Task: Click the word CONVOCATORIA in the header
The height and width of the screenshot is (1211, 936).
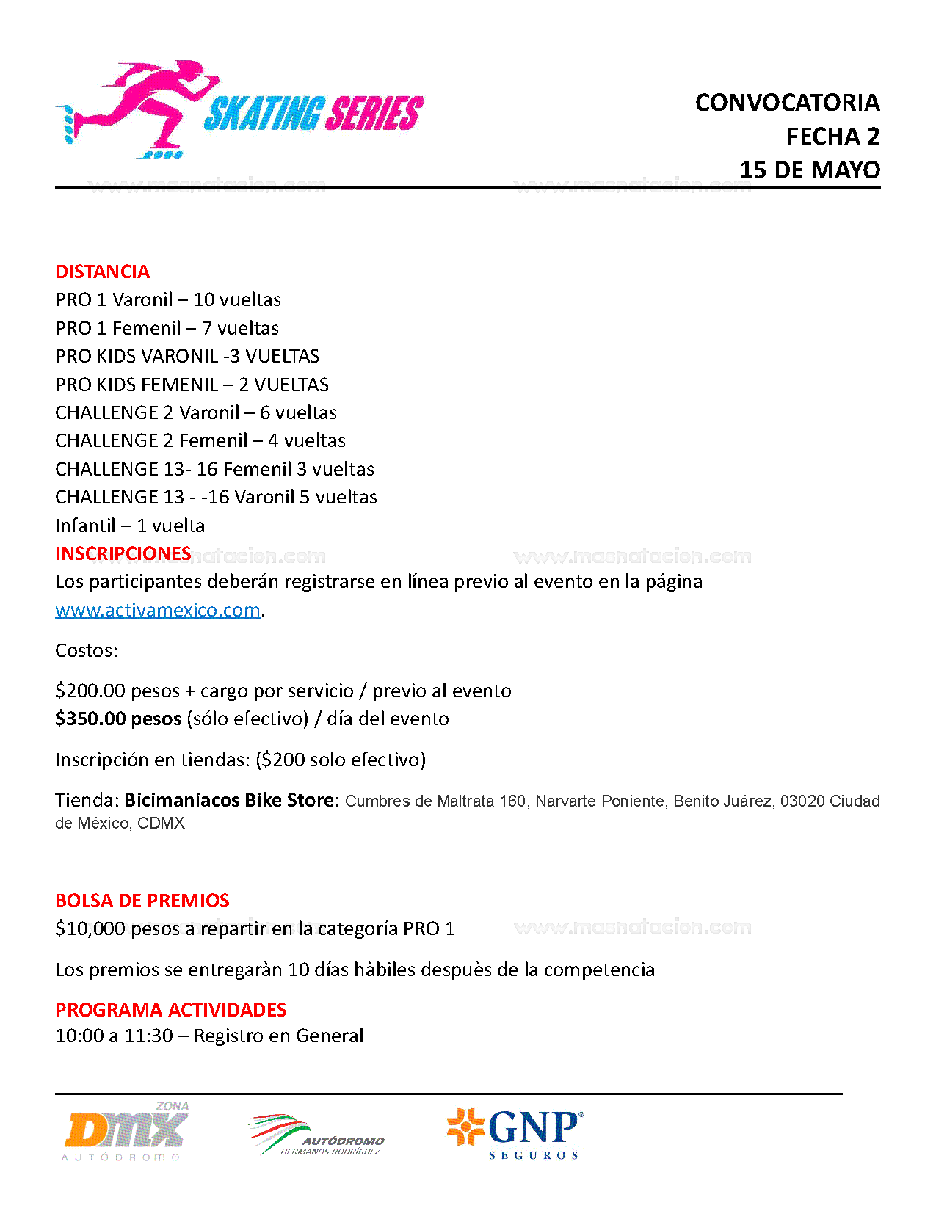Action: tap(787, 103)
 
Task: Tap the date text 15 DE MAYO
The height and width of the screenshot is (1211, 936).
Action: tap(810, 170)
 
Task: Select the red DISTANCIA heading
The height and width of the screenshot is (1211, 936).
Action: tap(102, 272)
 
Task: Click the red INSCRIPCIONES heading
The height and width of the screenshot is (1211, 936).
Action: tap(123, 553)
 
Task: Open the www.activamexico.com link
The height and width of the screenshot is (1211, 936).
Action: tap(158, 610)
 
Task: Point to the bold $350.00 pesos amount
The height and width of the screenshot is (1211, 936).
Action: tap(118, 719)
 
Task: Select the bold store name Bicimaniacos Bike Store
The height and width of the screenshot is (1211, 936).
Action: tap(229, 800)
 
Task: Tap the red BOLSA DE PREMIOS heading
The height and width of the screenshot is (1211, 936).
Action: tap(142, 901)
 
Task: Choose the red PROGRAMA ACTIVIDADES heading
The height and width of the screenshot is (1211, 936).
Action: tap(170, 1010)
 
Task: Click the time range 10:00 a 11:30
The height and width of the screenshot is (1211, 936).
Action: tap(114, 1036)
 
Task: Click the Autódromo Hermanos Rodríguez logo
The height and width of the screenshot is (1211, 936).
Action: tap(316, 1136)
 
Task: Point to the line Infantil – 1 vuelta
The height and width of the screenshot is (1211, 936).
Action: tap(130, 526)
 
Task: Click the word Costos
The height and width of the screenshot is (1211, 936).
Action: tap(86, 651)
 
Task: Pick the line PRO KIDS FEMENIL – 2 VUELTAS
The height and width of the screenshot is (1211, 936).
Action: tap(192, 385)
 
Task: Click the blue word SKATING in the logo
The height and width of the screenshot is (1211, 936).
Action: tap(263, 114)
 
